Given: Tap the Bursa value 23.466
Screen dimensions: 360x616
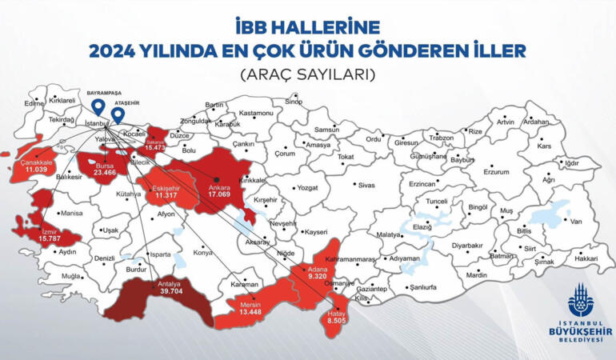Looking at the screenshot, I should [x=105, y=171].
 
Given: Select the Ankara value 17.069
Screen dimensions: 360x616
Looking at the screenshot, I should [x=218, y=194].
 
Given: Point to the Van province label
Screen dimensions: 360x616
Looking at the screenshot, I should [x=575, y=220].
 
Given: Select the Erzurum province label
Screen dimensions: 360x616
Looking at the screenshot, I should [x=496, y=171].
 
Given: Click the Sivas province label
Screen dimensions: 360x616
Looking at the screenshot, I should [x=366, y=185].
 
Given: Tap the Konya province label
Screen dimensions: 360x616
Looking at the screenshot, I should [x=202, y=252].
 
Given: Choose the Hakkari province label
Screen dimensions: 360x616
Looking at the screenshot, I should [x=586, y=258].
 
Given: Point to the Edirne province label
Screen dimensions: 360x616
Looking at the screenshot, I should [x=34, y=103].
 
